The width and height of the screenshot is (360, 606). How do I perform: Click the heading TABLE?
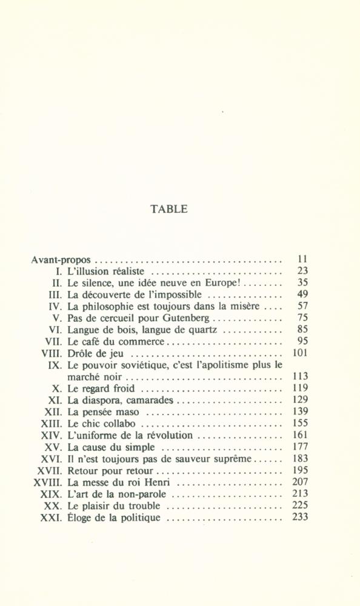tap(168, 209)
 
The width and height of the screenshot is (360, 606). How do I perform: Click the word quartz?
tap(205, 330)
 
